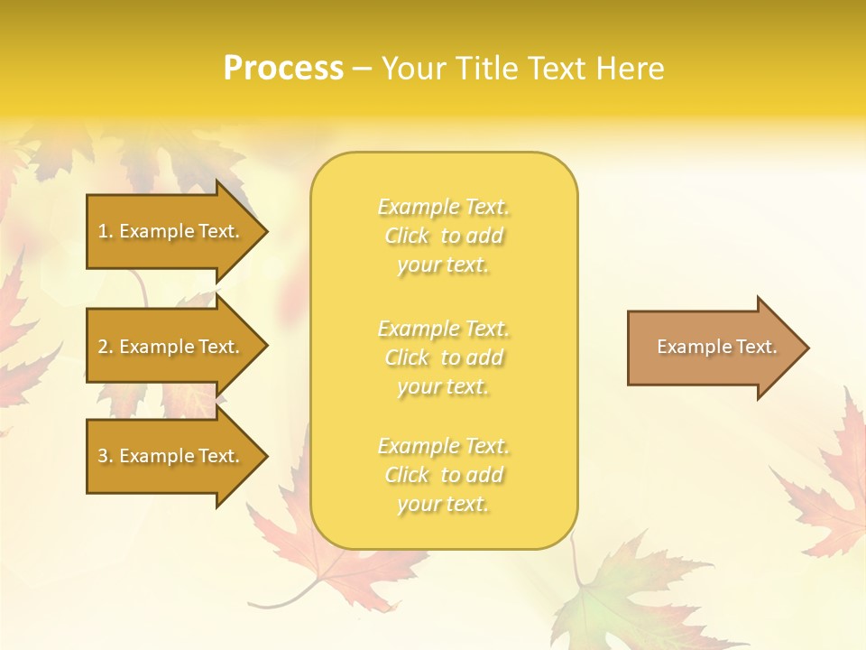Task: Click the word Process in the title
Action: click(283, 69)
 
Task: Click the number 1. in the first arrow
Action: click(106, 232)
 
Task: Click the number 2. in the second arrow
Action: click(106, 348)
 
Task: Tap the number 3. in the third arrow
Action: click(106, 457)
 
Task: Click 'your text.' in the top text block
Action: click(443, 265)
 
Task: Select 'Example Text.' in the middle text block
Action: click(443, 329)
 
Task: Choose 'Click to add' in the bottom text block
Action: click(443, 475)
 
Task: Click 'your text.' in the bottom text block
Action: click(443, 505)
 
